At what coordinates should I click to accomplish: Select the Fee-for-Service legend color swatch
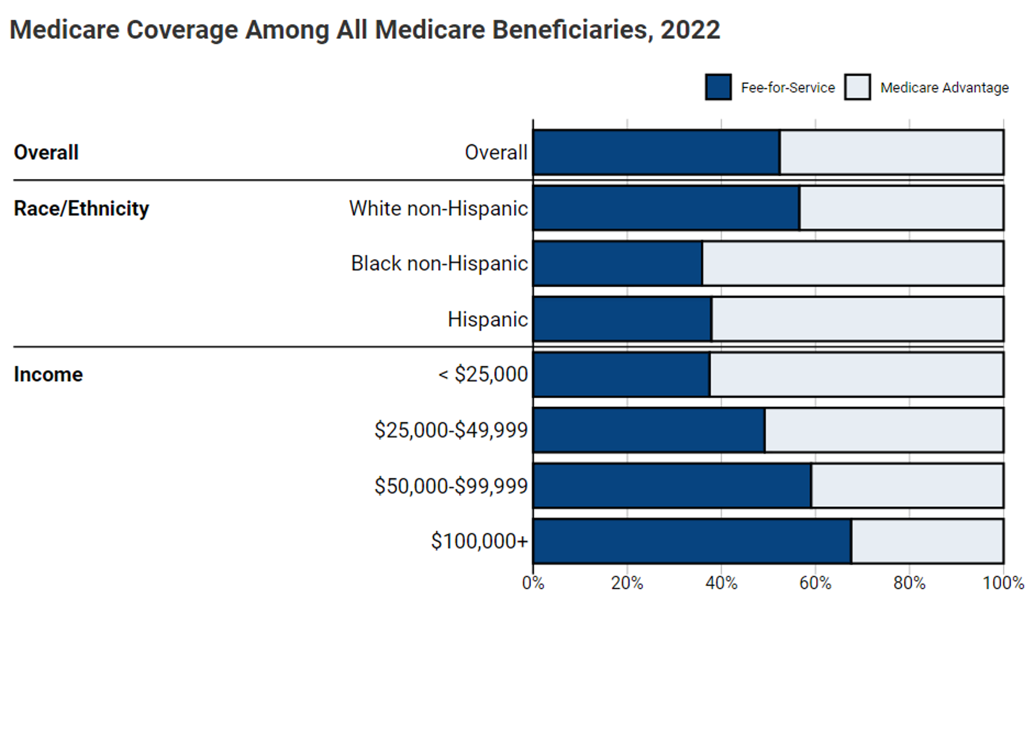pyautogui.click(x=718, y=87)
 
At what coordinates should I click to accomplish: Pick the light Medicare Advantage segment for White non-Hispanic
pyautogui.click(x=901, y=208)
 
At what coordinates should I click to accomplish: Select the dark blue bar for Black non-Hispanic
pyautogui.click(x=617, y=263)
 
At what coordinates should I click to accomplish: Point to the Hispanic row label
pyautogui.click(x=487, y=319)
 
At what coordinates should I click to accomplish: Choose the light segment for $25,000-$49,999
pyautogui.click(x=884, y=430)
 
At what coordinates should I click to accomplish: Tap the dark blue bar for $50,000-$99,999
pyautogui.click(x=672, y=486)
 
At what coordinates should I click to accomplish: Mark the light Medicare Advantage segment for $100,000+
pyautogui.click(x=927, y=541)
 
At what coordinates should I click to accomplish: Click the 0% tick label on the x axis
pyautogui.click(x=533, y=583)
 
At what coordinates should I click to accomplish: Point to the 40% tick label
pyautogui.click(x=721, y=583)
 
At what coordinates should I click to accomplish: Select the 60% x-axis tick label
pyautogui.click(x=815, y=583)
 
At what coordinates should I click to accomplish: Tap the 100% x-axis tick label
pyautogui.click(x=1003, y=583)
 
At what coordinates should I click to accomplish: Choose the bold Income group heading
pyautogui.click(x=48, y=374)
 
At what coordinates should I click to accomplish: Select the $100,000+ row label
pyautogui.click(x=479, y=541)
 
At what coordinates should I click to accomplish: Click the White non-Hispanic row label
pyautogui.click(x=438, y=208)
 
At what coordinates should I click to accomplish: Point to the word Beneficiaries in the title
pyautogui.click(x=572, y=30)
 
